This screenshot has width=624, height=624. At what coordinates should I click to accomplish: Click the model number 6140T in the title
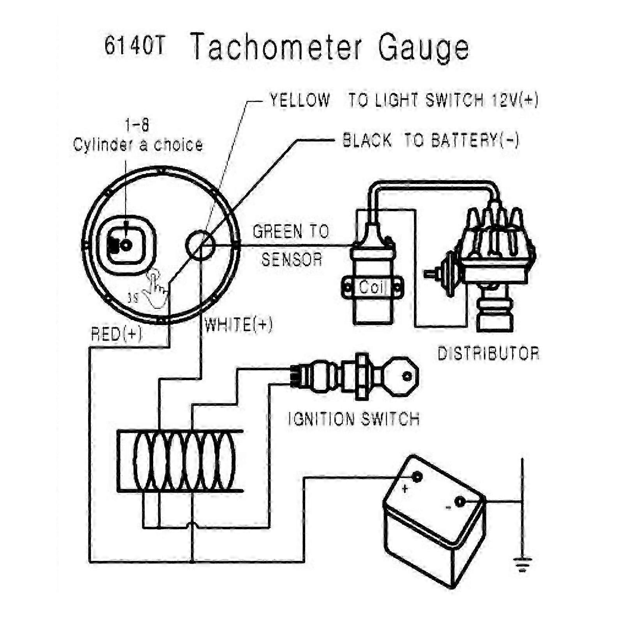tap(134, 46)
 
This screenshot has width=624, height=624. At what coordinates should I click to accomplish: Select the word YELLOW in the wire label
tap(300, 100)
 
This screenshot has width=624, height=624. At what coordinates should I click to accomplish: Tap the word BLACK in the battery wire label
tap(367, 140)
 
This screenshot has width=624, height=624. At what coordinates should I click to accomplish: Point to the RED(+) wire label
tap(117, 334)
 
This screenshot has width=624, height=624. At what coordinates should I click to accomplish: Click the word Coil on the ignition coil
tap(371, 287)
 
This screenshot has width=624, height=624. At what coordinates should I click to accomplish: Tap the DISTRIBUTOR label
tap(488, 354)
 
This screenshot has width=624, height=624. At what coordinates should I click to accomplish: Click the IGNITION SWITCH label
tap(354, 419)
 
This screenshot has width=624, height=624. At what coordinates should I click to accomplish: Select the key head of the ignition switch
tap(401, 376)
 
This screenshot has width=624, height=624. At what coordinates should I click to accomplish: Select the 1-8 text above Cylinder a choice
tap(137, 126)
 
